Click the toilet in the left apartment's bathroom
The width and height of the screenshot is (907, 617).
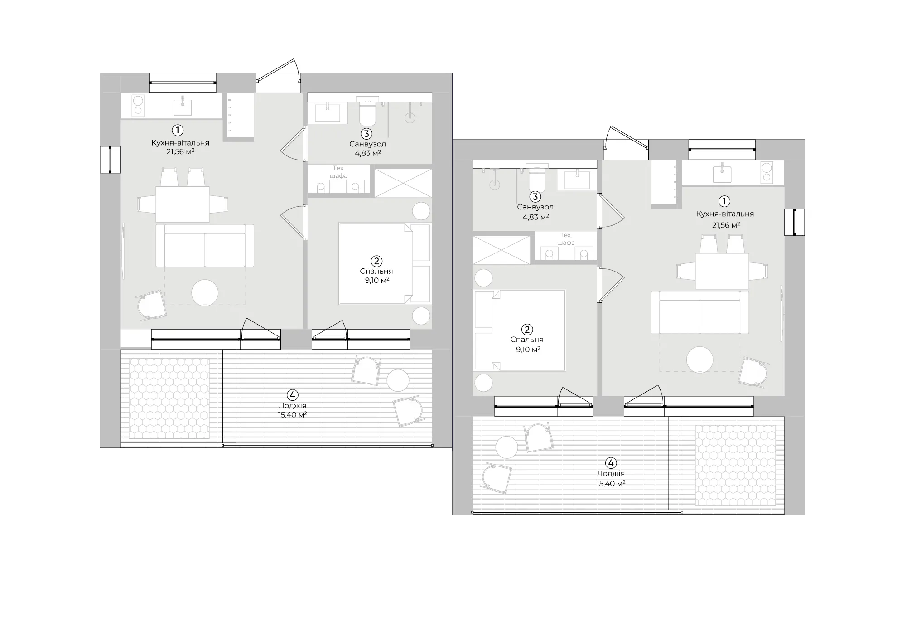point(367,113)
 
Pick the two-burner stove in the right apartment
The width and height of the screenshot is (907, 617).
point(767,173)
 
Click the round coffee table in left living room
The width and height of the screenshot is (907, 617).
point(205,293)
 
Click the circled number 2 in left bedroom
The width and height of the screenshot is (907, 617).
point(376,261)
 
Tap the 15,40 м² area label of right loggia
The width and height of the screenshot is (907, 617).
point(611,484)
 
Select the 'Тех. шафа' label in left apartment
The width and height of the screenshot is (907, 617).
point(338,172)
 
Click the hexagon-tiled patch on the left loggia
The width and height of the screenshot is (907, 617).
point(169,398)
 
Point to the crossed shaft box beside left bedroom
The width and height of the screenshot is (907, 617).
point(403,183)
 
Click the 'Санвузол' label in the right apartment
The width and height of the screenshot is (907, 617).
point(535,207)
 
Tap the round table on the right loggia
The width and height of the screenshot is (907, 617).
point(507,448)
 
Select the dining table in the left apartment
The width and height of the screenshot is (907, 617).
point(182,204)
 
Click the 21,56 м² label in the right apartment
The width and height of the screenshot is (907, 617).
point(725,225)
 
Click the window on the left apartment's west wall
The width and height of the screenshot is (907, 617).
point(110,160)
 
